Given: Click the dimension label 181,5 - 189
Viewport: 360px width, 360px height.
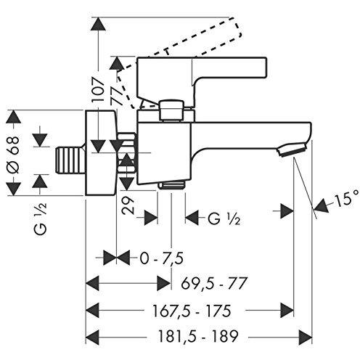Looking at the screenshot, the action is tap(198, 336).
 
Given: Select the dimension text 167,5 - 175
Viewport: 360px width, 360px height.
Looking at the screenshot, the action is tap(192, 311).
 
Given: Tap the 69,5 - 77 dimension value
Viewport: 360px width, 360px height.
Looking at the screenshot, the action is tap(214, 283).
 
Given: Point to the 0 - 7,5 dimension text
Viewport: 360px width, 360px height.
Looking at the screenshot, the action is tap(162, 258).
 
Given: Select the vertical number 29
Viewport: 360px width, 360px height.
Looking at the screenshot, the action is tap(128, 205).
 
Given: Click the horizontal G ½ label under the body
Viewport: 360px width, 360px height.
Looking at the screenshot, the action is tap(224, 220).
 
